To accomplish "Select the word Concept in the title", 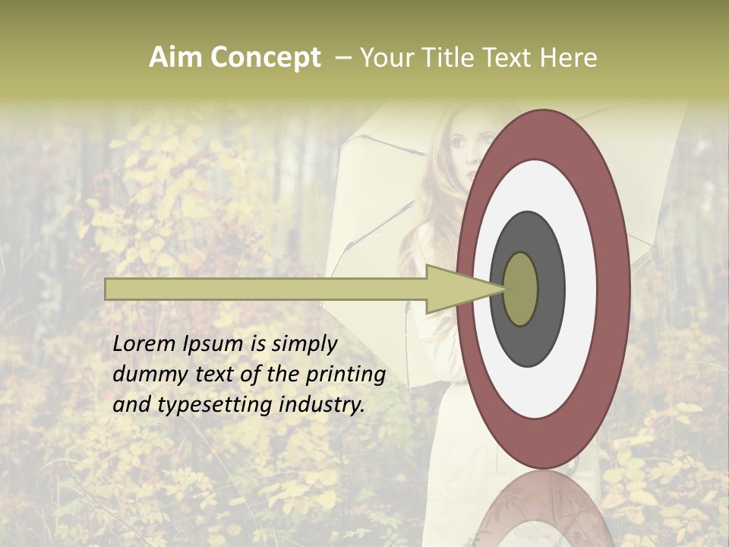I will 265,58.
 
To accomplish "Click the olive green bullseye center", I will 521,289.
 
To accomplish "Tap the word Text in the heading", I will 510,58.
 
